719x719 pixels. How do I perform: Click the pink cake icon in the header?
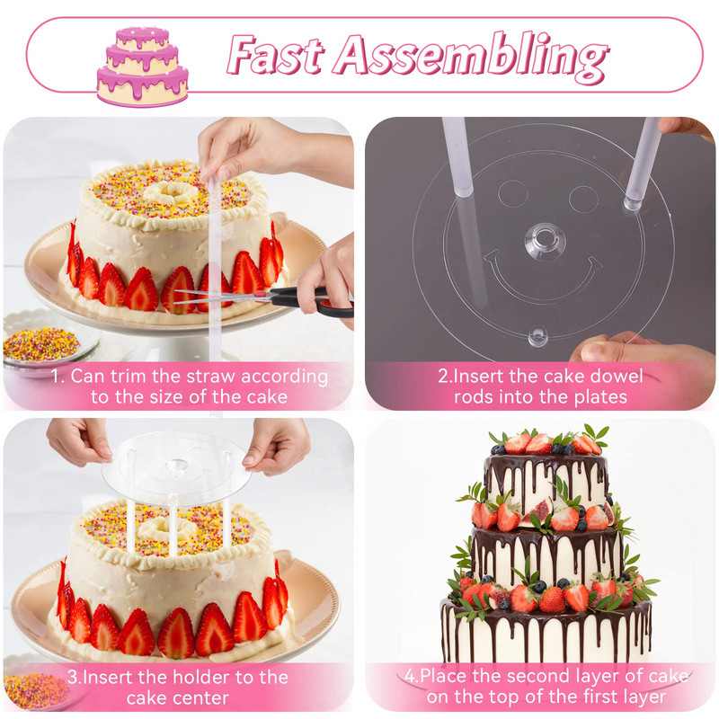click(142, 67)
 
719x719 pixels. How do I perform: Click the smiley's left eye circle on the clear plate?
click(512, 193)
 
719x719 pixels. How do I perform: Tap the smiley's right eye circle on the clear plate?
click(582, 199)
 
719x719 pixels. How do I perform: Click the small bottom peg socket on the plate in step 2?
click(537, 336)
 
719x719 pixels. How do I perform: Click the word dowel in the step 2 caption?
click(616, 377)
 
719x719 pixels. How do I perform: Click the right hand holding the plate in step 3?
click(277, 446)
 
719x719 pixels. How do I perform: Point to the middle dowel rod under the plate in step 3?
click(173, 524)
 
